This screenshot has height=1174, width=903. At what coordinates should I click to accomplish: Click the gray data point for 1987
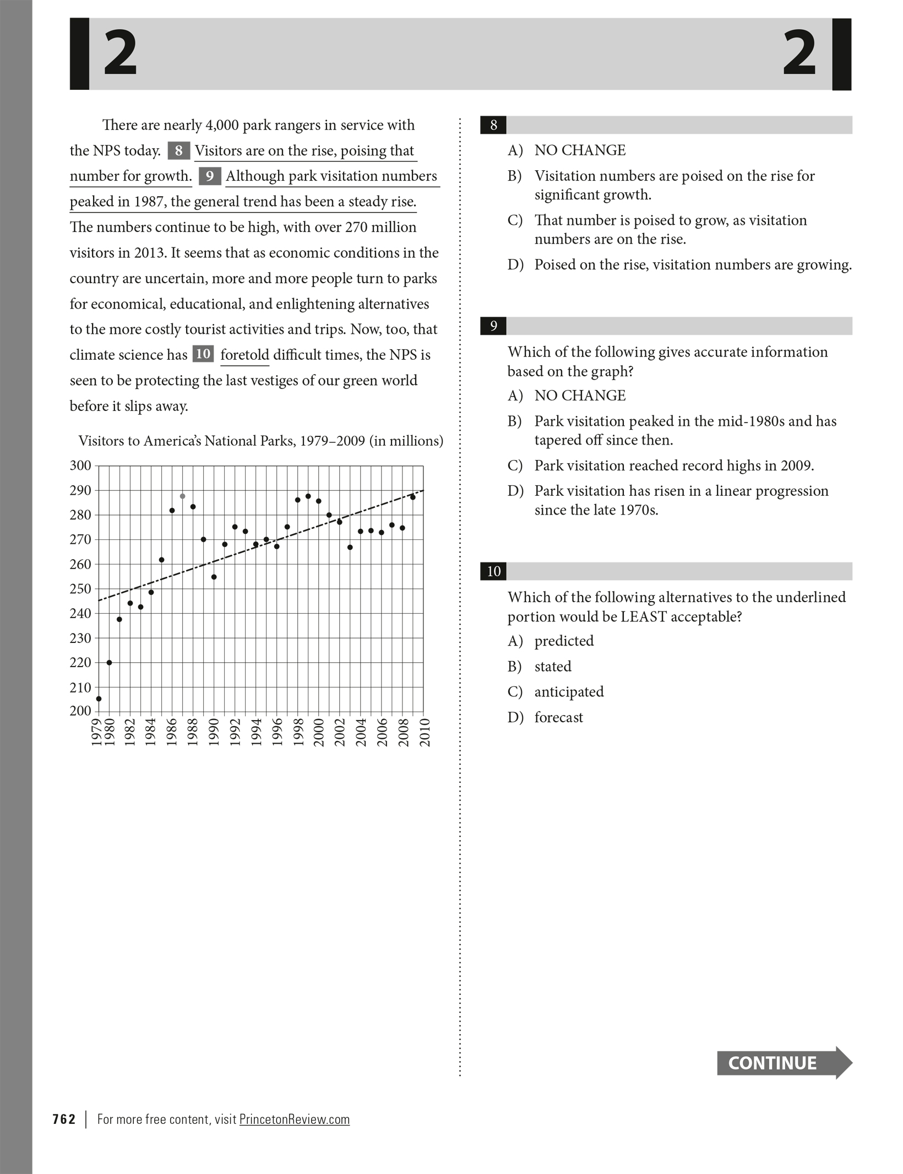[182, 496]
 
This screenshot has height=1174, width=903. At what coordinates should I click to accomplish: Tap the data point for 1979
[99, 699]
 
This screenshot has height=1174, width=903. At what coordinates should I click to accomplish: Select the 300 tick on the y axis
[80, 466]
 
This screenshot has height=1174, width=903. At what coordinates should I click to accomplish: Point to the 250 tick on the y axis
[80, 588]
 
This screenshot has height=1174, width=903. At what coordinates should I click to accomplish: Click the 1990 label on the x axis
[214, 732]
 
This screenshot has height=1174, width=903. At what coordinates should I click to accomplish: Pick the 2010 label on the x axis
[425, 732]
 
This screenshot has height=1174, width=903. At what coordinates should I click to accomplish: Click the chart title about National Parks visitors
[260, 441]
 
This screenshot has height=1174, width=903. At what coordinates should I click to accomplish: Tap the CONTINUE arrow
[784, 1063]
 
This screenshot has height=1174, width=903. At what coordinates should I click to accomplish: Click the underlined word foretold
[244, 355]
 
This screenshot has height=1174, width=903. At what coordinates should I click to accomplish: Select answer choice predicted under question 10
[564, 641]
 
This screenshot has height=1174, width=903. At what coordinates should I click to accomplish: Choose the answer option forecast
[558, 717]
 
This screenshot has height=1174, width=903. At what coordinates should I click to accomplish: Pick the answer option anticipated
[569, 692]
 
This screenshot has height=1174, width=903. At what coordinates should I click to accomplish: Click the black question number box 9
[493, 326]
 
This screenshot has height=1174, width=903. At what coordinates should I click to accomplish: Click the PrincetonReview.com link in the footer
[295, 1119]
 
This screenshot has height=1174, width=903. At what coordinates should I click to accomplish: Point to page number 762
[64, 1119]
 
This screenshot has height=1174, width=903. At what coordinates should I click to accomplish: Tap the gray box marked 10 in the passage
[203, 354]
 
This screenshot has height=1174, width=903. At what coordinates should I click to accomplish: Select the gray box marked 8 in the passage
[178, 150]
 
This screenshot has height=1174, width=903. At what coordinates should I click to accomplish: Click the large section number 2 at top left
[120, 53]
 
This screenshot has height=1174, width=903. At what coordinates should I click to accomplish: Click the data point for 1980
[109, 662]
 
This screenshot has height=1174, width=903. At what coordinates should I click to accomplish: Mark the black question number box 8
[493, 125]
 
